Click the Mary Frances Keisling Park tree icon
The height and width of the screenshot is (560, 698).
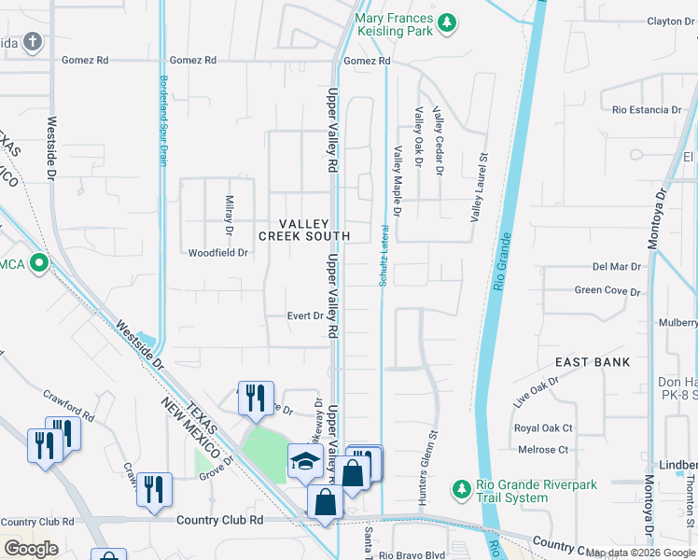coord(448,21)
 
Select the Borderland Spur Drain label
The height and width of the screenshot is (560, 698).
coord(163,120)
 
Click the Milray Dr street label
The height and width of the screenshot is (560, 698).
coord(229,215)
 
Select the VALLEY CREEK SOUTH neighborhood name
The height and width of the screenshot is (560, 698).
coord(316,230)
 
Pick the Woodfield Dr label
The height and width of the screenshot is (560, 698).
coord(218,253)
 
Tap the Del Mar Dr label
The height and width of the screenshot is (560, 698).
coord(616,267)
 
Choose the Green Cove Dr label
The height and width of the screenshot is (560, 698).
coord(607,291)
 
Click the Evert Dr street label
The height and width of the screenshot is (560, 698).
coord(305,316)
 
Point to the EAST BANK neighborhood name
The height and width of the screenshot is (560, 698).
coord(593,361)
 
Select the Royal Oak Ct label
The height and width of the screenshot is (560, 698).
coord(543,428)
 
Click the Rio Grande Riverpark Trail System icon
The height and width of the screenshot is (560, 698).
coord(461,488)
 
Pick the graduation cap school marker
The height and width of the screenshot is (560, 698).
coord(305,461)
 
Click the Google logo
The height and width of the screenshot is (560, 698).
coord(32,549)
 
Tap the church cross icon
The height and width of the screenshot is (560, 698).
coord(34,41)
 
